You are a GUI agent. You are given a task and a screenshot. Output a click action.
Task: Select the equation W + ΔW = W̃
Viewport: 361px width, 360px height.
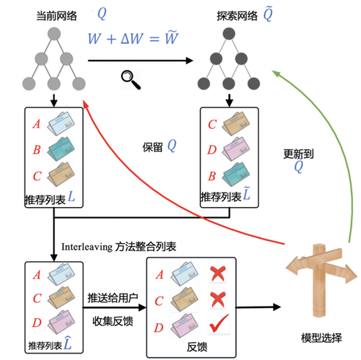point(133,38)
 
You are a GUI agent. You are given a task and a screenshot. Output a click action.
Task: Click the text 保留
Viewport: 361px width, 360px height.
point(154,146)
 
